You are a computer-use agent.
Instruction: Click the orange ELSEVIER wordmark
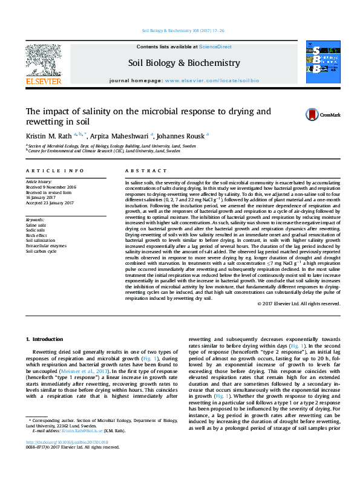[43, 81]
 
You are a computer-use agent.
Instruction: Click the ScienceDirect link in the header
[215, 47]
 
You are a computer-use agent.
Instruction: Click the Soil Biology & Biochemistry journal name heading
[184, 63]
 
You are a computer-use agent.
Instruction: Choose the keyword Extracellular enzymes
[45, 245]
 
